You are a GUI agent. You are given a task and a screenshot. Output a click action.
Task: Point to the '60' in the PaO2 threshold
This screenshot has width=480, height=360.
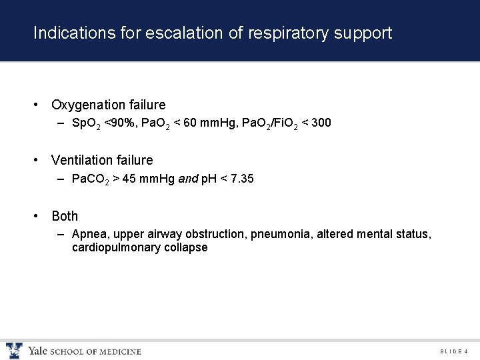click(191, 123)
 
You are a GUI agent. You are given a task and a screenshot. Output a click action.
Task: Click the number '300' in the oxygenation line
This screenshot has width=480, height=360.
click(320, 123)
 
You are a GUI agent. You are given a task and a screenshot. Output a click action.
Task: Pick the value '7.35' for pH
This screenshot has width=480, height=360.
click(241, 179)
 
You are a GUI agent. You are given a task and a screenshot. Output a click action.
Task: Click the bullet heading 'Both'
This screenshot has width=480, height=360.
click(65, 216)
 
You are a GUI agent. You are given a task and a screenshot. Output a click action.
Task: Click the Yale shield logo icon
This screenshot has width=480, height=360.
click(13, 351)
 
